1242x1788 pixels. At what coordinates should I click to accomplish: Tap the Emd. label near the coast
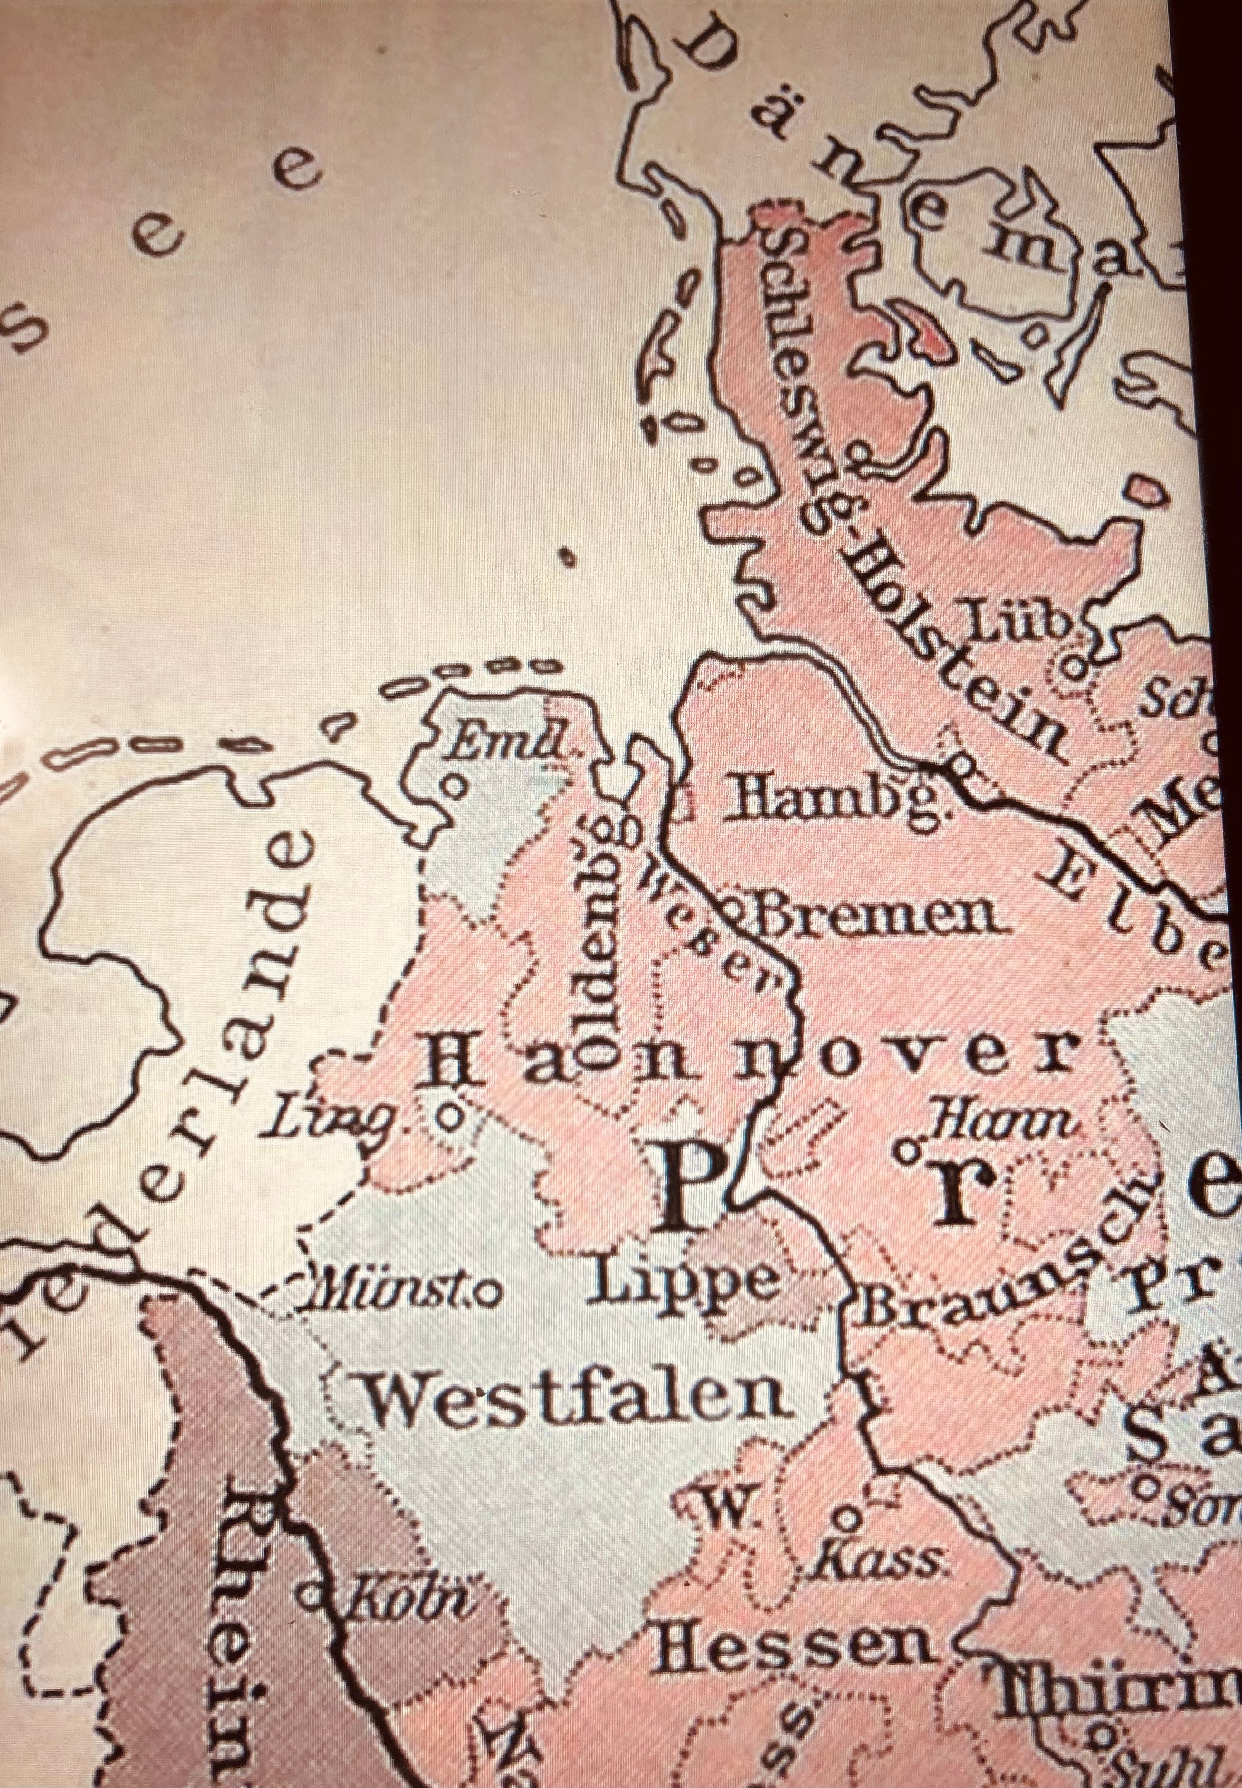point(510,747)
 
